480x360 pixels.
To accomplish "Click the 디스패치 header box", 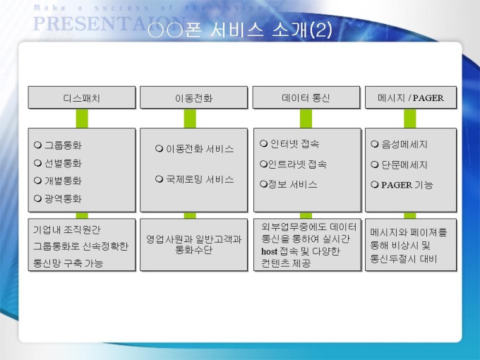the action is coord(82,97).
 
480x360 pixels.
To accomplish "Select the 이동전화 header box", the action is coord(194,97).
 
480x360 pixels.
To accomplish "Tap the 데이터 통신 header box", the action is coord(306,97).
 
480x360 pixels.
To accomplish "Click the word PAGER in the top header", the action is coord(428,98).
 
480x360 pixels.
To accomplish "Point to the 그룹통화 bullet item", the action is coord(63,145).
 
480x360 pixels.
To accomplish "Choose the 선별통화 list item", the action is coord(63,163).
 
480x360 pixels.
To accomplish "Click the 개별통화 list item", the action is coord(63,181).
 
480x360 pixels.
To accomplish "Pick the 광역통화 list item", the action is coord(63,198).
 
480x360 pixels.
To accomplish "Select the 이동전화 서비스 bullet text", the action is coord(200,149).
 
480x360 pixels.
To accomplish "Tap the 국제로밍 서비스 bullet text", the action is coord(200,179).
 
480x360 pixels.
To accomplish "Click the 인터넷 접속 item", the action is coord(294,143).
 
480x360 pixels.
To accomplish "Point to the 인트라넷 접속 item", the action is coord(297,164).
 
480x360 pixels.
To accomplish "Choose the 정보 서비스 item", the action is coord(292,184).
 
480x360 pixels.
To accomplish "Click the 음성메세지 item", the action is coord(404,144).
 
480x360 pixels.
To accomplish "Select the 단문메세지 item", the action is coord(404,164).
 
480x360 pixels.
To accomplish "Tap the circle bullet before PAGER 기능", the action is coord(375,185).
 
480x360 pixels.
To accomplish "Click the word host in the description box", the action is coord(269,251).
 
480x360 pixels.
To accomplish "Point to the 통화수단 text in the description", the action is coord(193,250).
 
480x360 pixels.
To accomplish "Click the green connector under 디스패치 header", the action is coord(82,119).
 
